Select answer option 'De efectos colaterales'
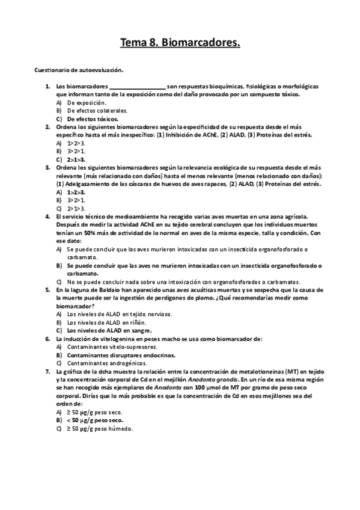pyautogui.click(x=89, y=111)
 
